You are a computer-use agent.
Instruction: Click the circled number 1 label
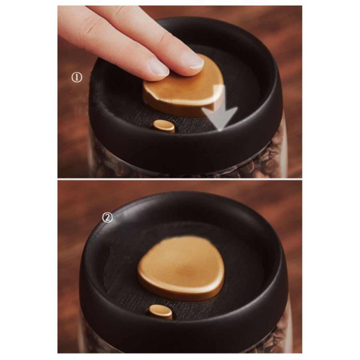pyautogui.click(x=77, y=78)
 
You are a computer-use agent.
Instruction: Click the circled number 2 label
pyautogui.click(x=107, y=218)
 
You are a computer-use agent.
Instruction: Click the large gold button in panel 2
pyautogui.click(x=181, y=268)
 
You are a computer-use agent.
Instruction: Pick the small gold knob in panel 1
pyautogui.click(x=164, y=126)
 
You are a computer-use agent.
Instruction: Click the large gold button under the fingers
pyautogui.click(x=184, y=92)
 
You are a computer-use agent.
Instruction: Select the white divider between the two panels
pyautogui.click(x=180, y=179)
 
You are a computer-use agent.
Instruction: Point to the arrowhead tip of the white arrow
pyautogui.click(x=220, y=131)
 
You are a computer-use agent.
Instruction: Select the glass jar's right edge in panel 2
pyautogui.click(x=290, y=326)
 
